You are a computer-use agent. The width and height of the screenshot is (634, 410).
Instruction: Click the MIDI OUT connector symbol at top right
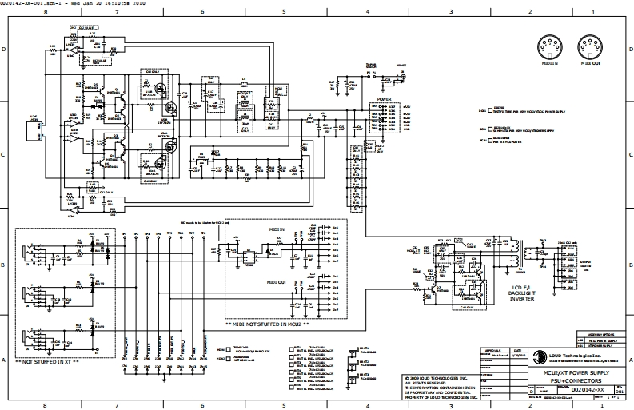click(590, 46)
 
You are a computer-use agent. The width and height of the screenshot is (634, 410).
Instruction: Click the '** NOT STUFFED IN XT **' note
click(47, 362)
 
